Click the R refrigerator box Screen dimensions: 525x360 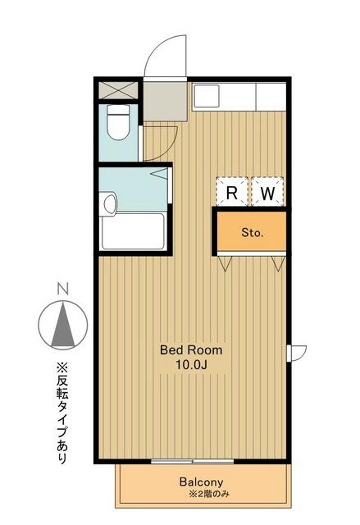[233, 194]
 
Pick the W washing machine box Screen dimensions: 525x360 [267, 194]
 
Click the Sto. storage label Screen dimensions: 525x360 [252, 233]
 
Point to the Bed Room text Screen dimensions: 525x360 [190, 349]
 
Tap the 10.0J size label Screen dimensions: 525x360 [190, 363]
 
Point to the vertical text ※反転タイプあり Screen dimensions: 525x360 [62, 415]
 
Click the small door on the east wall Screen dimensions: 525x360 [298, 353]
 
